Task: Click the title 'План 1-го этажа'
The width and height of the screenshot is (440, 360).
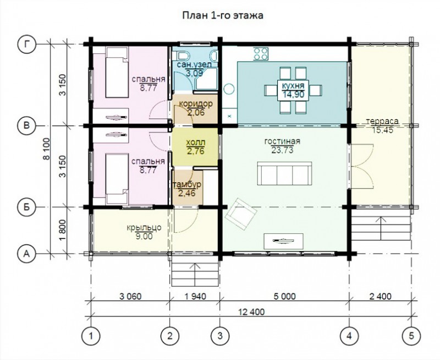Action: point(223,15)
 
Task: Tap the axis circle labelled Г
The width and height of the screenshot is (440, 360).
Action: point(26,44)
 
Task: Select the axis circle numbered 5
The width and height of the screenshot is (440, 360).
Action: point(411,336)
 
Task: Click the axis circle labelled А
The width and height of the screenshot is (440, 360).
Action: point(26,254)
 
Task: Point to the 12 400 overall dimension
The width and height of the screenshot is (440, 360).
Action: point(251,312)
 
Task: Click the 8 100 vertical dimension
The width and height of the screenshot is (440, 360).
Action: point(46,149)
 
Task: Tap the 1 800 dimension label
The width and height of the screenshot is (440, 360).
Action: point(63,230)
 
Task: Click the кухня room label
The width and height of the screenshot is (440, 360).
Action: point(293,86)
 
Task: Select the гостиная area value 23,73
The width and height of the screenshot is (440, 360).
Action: point(282,150)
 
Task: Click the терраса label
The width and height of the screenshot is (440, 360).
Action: point(382,121)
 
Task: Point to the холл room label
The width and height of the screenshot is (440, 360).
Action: point(196,143)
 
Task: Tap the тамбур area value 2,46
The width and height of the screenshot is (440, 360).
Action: point(187,193)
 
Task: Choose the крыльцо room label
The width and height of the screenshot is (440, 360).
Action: point(144,227)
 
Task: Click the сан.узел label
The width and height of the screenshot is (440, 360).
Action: point(194,64)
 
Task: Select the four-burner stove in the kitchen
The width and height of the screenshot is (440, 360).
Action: point(261,53)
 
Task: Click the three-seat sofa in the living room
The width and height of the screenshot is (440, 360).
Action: point(284,173)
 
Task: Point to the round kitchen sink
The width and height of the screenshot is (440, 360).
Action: point(229,90)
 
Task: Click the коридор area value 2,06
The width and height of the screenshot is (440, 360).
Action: point(196,113)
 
